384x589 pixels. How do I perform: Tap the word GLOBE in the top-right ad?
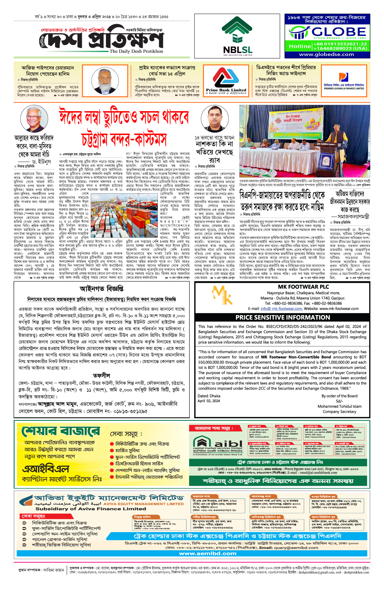point(339,32)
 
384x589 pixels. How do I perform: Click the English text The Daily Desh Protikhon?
point(136,51)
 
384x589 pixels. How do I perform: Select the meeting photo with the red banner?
point(304,141)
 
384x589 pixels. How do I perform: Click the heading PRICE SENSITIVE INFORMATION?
point(283,317)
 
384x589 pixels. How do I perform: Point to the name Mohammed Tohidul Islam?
point(339,406)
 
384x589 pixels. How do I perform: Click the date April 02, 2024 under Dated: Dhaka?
point(209,401)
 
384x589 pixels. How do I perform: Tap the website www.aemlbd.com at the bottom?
point(208,553)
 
